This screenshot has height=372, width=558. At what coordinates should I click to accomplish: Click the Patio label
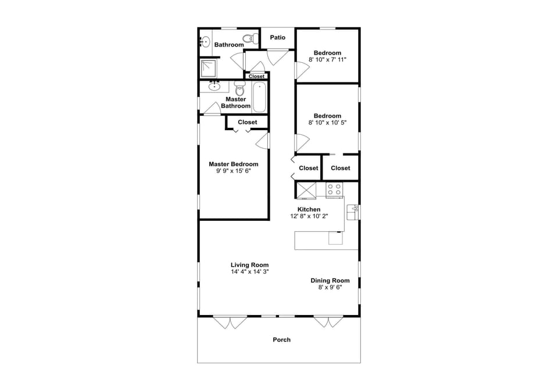click(278, 38)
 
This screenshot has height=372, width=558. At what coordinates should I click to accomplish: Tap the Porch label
click(282, 339)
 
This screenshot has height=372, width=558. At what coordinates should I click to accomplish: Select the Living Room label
click(249, 264)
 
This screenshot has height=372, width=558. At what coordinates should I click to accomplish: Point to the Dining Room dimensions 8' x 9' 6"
click(330, 287)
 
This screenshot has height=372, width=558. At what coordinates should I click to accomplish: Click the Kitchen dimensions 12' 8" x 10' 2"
click(309, 216)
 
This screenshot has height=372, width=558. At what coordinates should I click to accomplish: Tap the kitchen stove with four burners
click(334, 189)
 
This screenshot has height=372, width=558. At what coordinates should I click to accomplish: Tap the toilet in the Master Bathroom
click(239, 89)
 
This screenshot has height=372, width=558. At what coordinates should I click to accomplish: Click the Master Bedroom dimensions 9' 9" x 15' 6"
click(234, 171)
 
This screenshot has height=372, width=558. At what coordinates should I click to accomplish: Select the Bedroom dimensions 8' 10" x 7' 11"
click(327, 59)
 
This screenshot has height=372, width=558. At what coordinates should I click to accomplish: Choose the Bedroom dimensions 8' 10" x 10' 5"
click(327, 123)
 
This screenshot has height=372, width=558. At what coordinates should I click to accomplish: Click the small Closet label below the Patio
click(256, 76)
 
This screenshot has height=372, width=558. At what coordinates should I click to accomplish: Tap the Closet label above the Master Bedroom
click(247, 122)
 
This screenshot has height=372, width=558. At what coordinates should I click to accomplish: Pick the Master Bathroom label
click(235, 102)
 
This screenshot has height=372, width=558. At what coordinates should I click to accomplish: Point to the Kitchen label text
click(309, 209)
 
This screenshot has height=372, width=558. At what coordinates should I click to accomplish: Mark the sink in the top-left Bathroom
click(205, 41)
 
